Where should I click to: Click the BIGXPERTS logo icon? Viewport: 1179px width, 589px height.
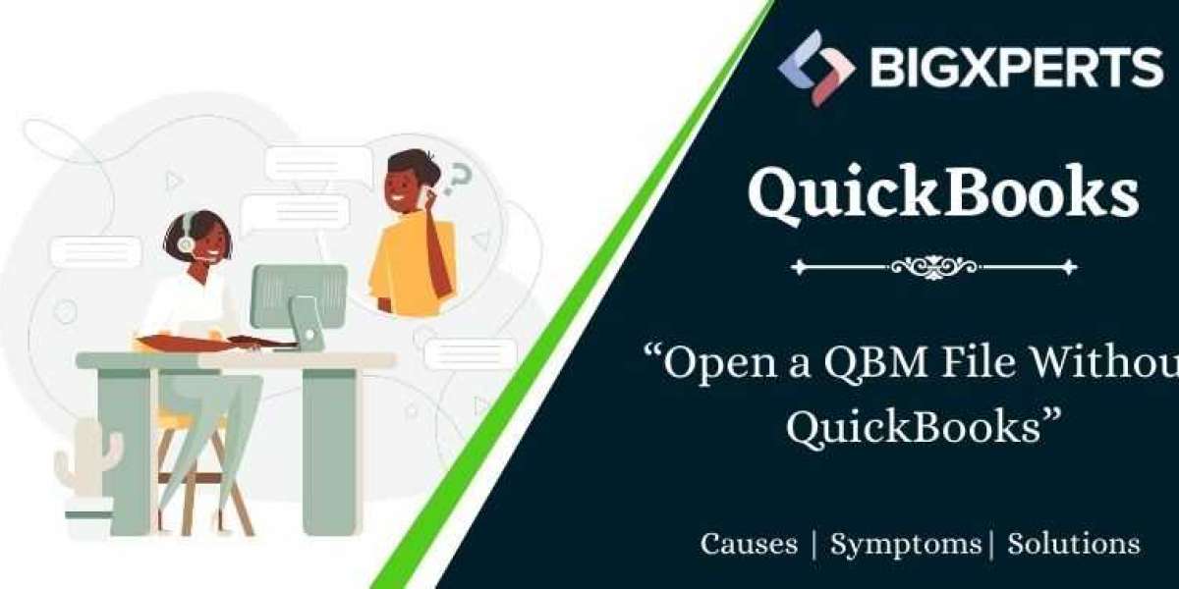tap(816, 69)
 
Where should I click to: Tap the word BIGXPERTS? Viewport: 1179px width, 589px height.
tap(1017, 68)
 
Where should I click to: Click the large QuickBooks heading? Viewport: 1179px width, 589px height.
tap(943, 193)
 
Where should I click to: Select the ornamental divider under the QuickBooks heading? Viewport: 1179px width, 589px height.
tap(933, 267)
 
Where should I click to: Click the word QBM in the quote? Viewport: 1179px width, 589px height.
tap(875, 362)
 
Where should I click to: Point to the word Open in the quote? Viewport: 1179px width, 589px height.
tap(719, 364)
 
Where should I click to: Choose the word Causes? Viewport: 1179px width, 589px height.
tap(749, 543)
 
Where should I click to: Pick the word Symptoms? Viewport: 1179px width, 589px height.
tap(905, 545)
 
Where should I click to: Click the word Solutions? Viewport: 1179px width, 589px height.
tap(1074, 543)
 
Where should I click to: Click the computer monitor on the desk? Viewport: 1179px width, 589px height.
tap(300, 306)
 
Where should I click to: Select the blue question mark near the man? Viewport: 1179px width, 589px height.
tap(456, 180)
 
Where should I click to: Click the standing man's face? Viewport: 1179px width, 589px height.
tap(403, 186)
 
